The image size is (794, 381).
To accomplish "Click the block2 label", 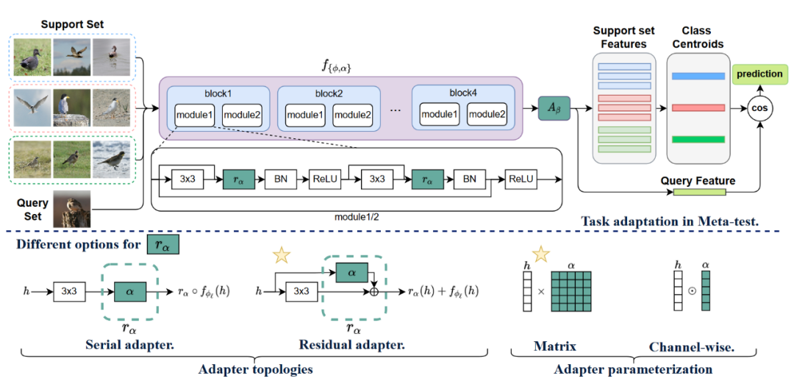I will click(x=329, y=94).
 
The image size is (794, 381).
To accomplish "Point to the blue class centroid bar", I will click(x=698, y=76).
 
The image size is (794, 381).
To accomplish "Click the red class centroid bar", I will click(x=698, y=108).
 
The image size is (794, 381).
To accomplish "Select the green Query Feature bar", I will click(x=698, y=193).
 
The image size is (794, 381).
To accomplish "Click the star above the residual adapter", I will click(x=281, y=255).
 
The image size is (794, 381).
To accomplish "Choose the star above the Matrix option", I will click(x=541, y=254).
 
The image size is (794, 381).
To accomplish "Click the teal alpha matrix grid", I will click(x=570, y=292).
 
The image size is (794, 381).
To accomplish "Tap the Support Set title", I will click(x=71, y=24).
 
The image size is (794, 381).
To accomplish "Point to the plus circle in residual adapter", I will click(x=374, y=291).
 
